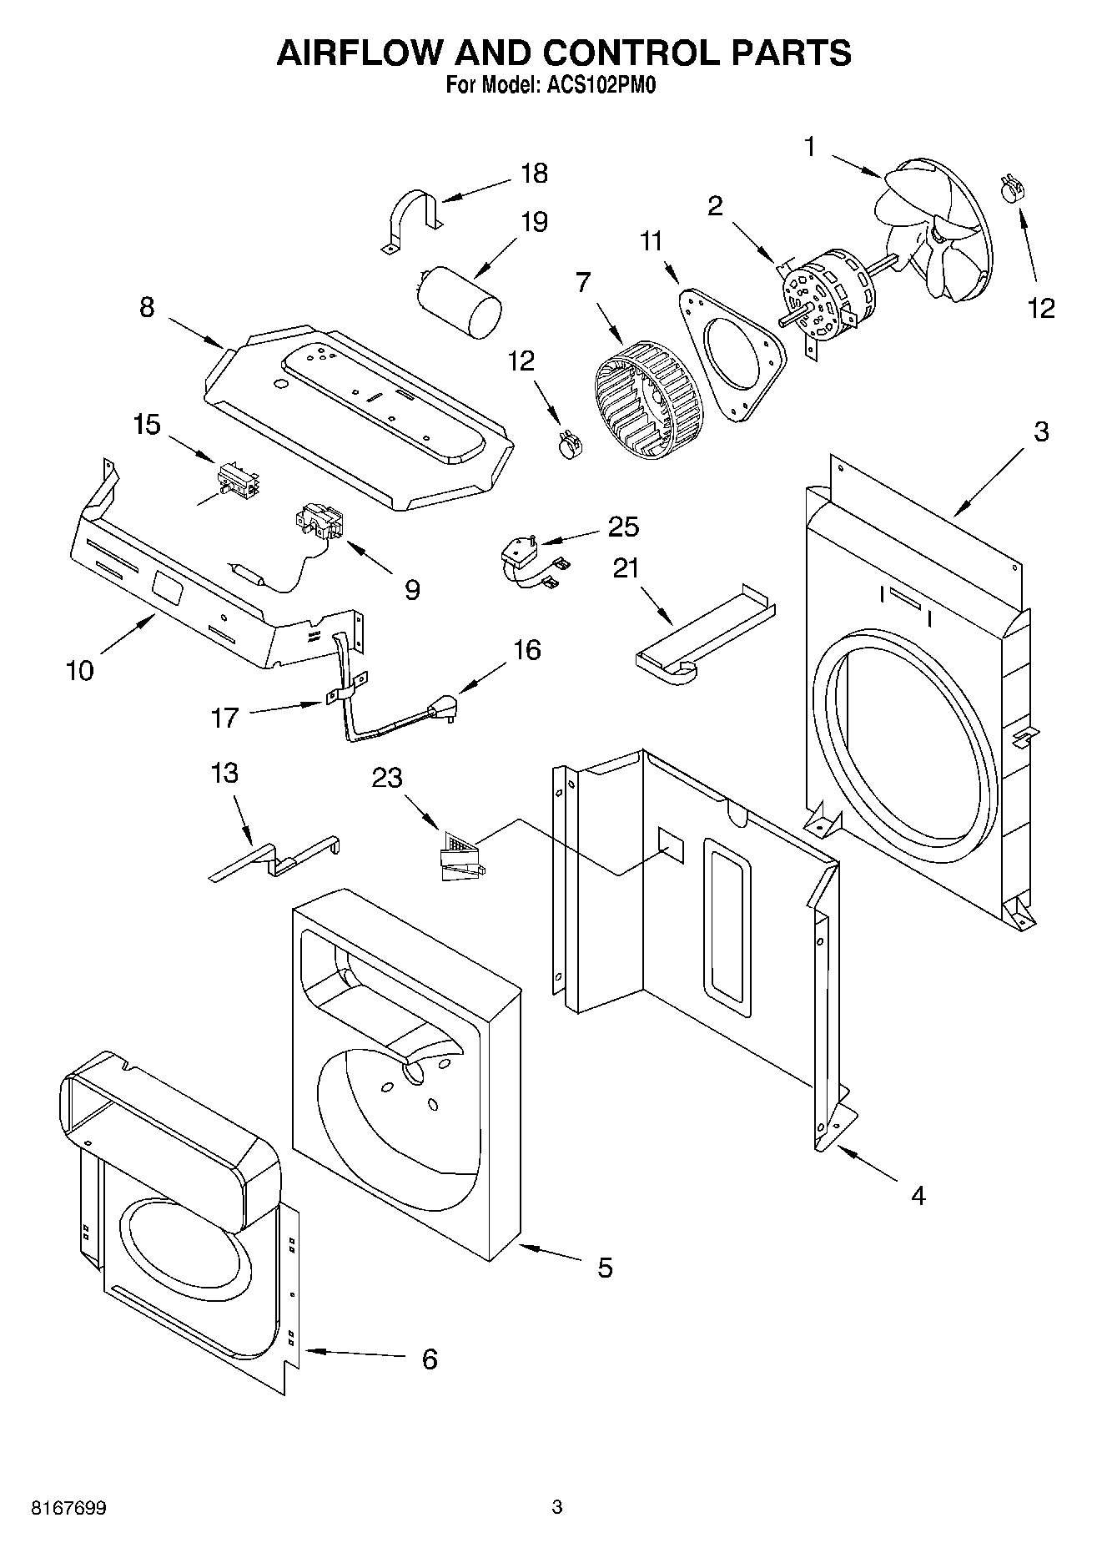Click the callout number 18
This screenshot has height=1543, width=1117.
click(534, 174)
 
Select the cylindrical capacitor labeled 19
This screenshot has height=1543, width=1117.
click(461, 301)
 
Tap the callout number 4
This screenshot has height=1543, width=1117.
click(918, 1196)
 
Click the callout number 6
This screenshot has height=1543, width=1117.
click(429, 1359)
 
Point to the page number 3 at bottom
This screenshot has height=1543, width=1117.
click(557, 1507)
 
